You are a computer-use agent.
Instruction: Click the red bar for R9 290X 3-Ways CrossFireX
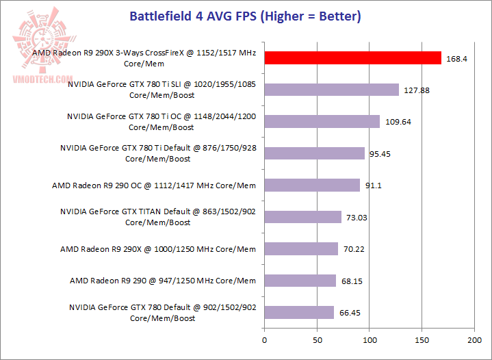click(353, 57)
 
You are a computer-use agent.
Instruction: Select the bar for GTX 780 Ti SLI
click(332, 90)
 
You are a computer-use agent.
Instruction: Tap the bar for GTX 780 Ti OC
click(322, 121)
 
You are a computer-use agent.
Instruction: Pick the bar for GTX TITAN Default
click(302, 217)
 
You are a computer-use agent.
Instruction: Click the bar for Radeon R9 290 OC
click(312, 185)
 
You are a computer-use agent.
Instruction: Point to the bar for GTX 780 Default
click(299, 312)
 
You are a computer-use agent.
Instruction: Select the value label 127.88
click(416, 90)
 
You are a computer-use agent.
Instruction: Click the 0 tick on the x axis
click(264, 339)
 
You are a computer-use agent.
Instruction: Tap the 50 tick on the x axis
click(317, 339)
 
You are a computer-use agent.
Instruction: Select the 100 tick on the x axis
click(370, 339)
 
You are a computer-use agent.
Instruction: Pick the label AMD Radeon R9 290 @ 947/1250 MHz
click(163, 281)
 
